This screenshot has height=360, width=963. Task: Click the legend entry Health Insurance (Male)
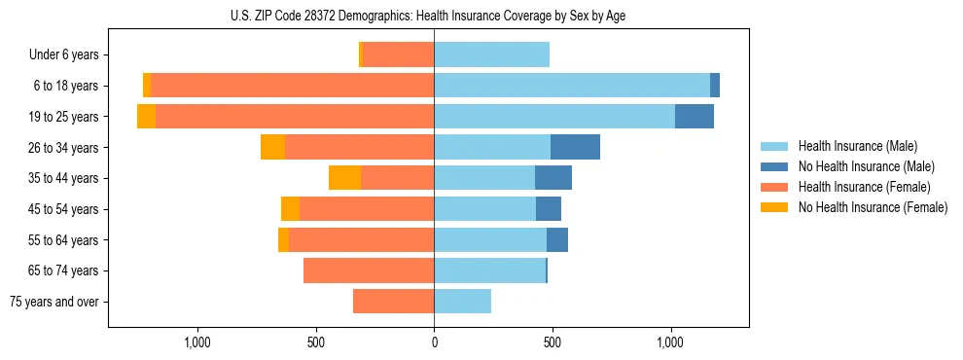(857, 146)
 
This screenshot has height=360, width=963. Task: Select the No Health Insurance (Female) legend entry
(873, 207)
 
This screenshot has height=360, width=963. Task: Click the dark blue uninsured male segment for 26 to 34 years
(575, 147)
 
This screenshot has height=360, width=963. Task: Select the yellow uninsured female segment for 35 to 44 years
(344, 178)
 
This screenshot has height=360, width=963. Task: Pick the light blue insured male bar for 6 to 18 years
(572, 86)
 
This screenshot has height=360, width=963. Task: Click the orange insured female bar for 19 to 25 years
(295, 117)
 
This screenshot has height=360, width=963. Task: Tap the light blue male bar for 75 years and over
(462, 302)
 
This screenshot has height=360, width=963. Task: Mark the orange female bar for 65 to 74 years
(369, 270)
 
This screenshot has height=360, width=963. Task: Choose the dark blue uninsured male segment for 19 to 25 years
(695, 117)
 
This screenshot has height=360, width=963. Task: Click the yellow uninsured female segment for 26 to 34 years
(272, 147)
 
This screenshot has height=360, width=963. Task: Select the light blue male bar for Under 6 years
(491, 54)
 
